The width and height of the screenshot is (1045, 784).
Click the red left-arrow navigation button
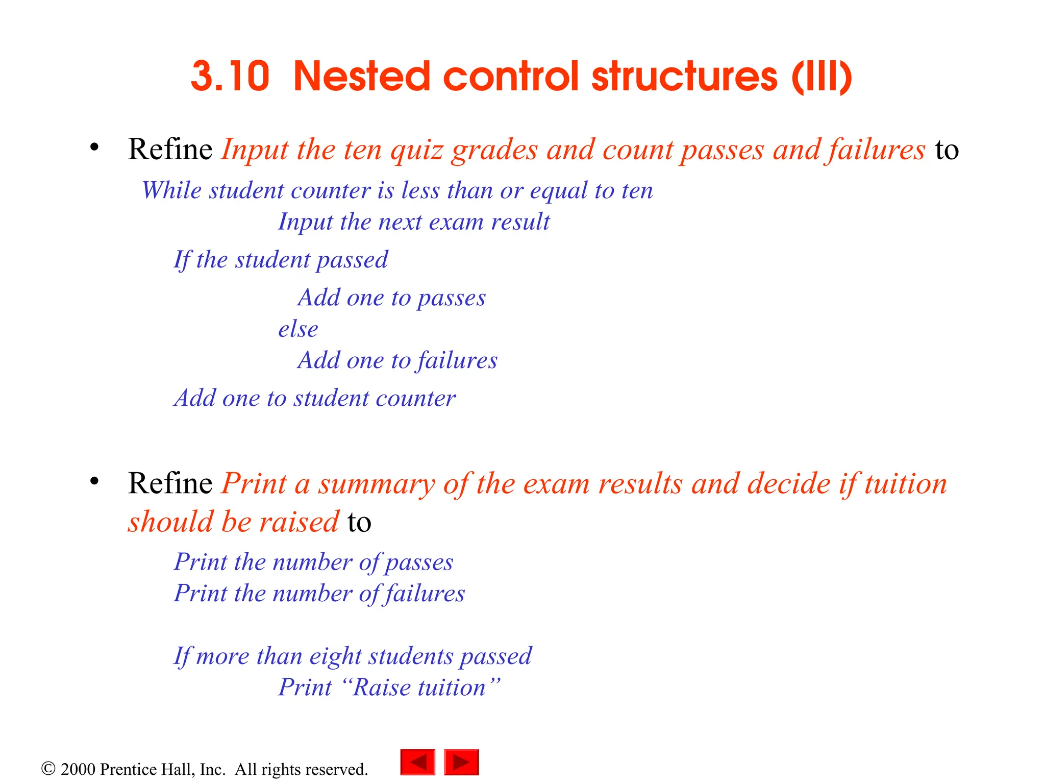417,762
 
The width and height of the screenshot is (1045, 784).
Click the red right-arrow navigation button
461,762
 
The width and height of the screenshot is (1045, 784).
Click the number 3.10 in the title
230,77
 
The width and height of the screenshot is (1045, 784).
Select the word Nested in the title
362,77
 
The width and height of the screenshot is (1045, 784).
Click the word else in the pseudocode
298,329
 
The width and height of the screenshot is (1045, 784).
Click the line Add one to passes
392,298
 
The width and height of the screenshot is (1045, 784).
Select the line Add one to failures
397,360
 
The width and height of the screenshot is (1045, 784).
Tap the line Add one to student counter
314,398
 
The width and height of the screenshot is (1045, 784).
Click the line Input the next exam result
414,222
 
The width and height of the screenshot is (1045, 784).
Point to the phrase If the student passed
281,260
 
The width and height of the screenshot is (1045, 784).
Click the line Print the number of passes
313,562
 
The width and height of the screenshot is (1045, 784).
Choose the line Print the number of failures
319,594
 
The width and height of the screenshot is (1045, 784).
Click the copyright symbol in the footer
48,769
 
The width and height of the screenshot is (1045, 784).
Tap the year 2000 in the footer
78,769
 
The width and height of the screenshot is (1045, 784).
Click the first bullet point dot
94,148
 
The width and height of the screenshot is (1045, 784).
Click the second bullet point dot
94,481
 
